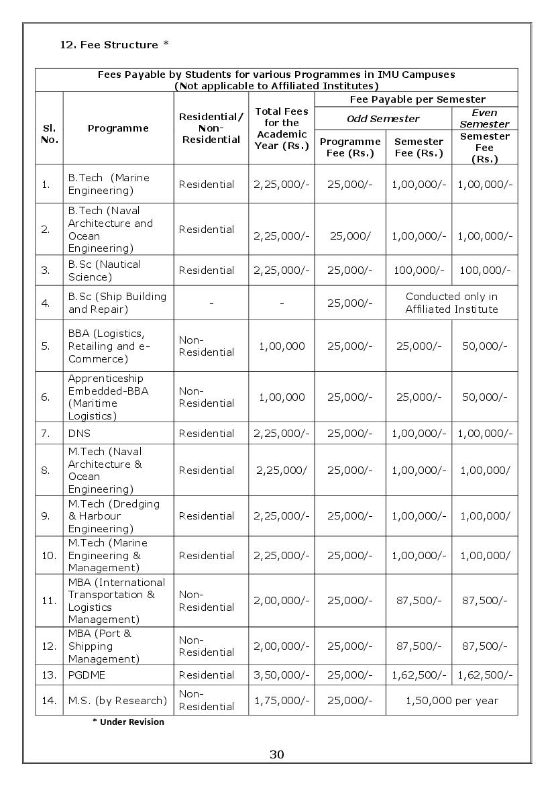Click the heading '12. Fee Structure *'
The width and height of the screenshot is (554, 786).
click(x=114, y=45)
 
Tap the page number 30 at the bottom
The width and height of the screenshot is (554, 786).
click(x=276, y=754)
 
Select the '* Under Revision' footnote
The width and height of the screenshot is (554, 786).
click(x=128, y=722)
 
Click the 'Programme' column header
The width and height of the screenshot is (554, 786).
click(x=118, y=128)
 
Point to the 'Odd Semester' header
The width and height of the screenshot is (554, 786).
click(x=383, y=118)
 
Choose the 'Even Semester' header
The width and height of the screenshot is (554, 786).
click(x=484, y=118)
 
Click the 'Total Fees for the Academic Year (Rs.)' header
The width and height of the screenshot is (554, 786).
click(x=282, y=128)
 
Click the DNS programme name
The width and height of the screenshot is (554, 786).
click(x=79, y=433)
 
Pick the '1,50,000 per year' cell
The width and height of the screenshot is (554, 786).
click(x=452, y=700)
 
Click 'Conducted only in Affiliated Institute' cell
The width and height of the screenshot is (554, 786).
click(x=452, y=303)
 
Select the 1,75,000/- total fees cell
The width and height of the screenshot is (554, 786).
click(x=282, y=700)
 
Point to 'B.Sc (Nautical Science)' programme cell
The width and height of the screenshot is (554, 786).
click(x=104, y=271)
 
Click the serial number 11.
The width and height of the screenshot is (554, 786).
click(x=49, y=601)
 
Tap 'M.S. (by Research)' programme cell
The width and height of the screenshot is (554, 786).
click(x=117, y=700)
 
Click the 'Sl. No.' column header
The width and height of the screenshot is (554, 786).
click(x=49, y=134)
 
